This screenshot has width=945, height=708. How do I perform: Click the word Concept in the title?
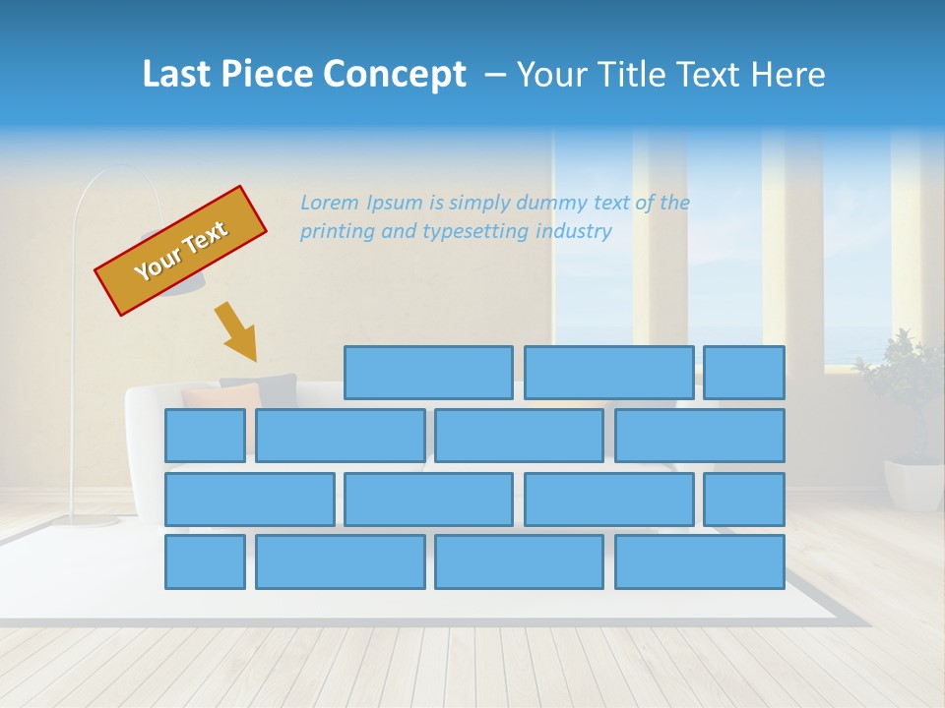(394, 75)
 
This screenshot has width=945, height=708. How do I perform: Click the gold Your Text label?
(180, 251)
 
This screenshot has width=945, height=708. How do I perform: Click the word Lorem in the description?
(330, 204)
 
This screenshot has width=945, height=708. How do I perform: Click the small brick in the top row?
(744, 373)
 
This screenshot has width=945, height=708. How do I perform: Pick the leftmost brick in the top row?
(428, 373)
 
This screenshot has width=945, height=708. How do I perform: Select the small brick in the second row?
(205, 436)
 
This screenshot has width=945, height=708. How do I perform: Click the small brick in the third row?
(744, 500)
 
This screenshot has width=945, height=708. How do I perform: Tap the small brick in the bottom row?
(205, 562)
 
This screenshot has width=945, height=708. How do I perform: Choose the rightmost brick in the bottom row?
(700, 562)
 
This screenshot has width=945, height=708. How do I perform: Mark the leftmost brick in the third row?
(249, 500)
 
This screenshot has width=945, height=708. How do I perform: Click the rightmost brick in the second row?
(700, 436)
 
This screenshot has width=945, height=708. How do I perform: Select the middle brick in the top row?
(608, 373)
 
